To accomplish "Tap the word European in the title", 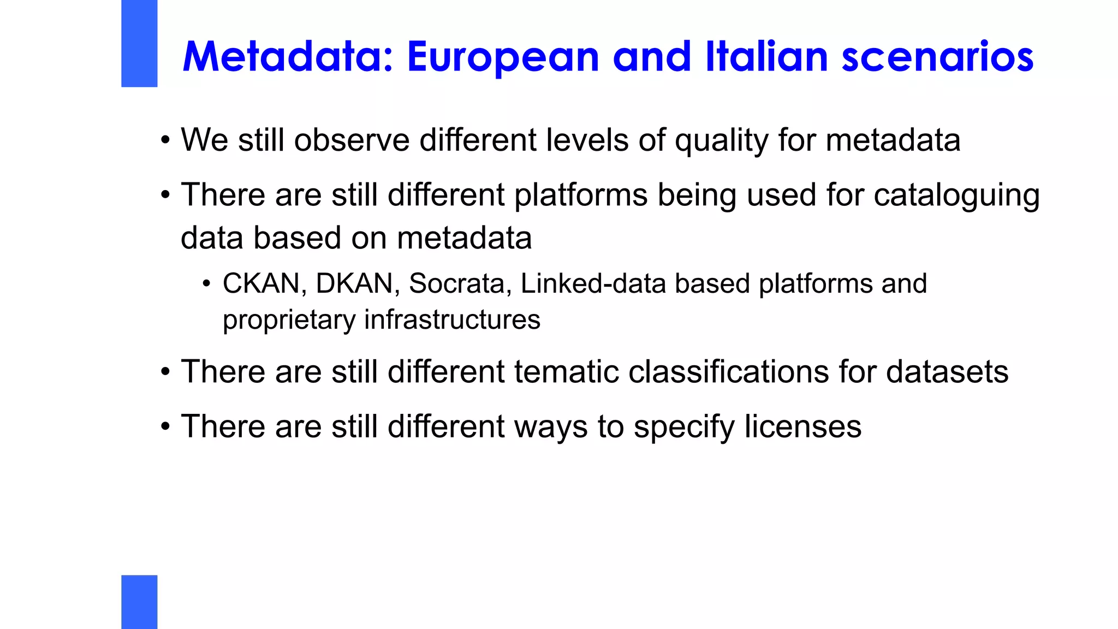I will coord(503,57).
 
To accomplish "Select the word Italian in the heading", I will coord(766,56).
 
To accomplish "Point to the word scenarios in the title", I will coord(937,57).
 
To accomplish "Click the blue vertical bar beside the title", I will coord(139,43).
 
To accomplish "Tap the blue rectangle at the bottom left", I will coord(139,602).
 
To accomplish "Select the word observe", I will coord(352,140).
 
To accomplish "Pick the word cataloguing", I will coord(956,195).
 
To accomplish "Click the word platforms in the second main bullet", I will coord(580,195).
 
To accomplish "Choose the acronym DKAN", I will coord(354,283).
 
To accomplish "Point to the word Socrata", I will coord(456,283).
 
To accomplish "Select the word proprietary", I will coord(289,320).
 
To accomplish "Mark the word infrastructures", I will coord(452,319).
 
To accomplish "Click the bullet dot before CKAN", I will coord(206,284).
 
